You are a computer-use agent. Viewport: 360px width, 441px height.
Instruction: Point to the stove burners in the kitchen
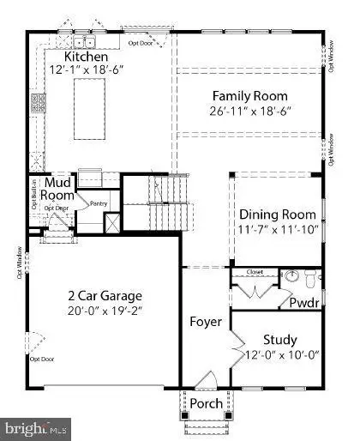click(39, 104)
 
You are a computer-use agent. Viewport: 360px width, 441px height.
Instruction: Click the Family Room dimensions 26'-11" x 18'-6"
click(250, 113)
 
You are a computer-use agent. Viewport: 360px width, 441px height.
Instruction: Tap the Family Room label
click(250, 96)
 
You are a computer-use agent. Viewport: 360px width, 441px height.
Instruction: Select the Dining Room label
click(277, 214)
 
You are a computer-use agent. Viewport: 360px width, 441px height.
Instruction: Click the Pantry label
click(100, 202)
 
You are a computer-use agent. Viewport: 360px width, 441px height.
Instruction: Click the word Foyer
click(206, 323)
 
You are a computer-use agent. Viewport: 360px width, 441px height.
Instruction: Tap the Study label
click(279, 339)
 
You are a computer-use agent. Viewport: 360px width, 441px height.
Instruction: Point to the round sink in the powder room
click(291, 276)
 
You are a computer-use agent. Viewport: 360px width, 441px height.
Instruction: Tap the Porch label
click(206, 403)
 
